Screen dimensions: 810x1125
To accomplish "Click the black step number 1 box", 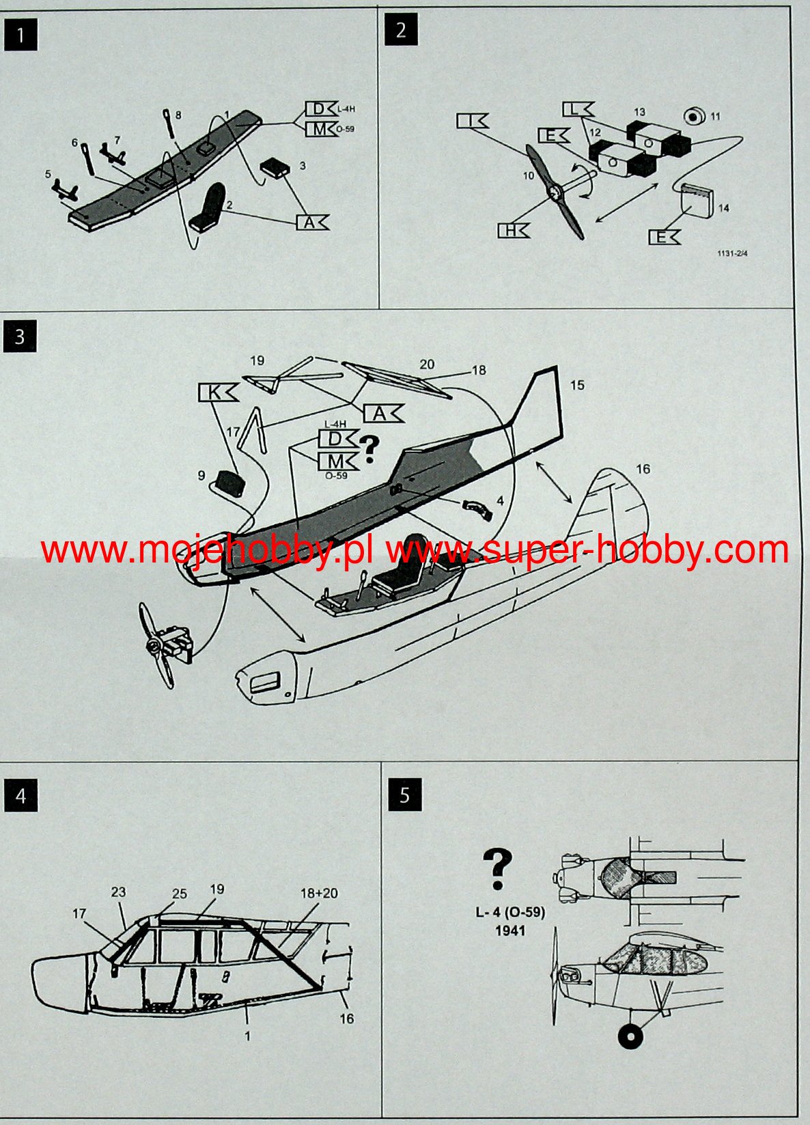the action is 20,35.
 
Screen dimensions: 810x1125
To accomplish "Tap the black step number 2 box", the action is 401,30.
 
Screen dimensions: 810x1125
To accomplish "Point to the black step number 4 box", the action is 20,795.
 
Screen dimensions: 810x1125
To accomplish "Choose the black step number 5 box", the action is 405,795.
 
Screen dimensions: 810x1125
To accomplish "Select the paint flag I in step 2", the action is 473,121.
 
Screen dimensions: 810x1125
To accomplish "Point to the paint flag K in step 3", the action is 218,393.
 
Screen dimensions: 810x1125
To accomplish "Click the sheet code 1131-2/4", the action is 732,254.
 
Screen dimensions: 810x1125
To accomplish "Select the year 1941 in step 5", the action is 511,930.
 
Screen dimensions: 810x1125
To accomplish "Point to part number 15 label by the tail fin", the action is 577,385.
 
